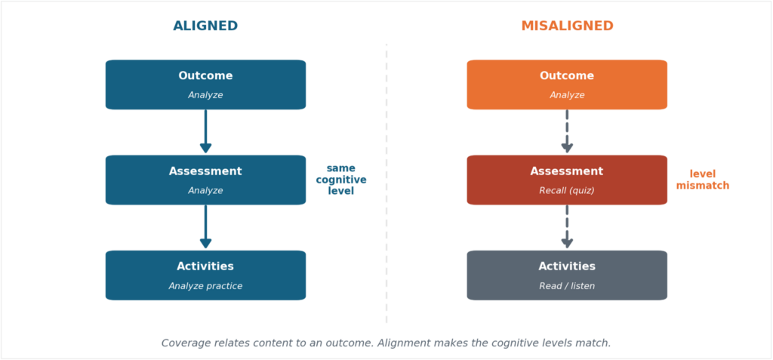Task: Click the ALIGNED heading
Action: [x=205, y=26]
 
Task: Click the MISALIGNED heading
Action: [x=567, y=26]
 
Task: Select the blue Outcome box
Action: [x=205, y=85]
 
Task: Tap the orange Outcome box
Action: [x=567, y=85]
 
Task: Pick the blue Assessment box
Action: [x=205, y=180]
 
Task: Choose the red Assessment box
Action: [x=567, y=180]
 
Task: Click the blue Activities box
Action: [x=205, y=275]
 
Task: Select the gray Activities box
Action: [x=567, y=275]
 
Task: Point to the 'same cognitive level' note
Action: [x=341, y=180]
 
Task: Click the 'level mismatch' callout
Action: [x=703, y=180]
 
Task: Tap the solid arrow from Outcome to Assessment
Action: [x=205, y=131]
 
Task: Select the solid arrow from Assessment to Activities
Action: [x=205, y=227]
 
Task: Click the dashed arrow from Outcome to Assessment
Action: [x=567, y=131]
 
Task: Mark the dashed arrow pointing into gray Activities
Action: [x=567, y=227]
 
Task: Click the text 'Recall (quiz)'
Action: [x=567, y=191]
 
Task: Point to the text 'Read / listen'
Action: [x=567, y=286]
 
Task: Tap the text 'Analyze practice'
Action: [x=205, y=286]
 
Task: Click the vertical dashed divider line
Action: [x=386, y=183]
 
